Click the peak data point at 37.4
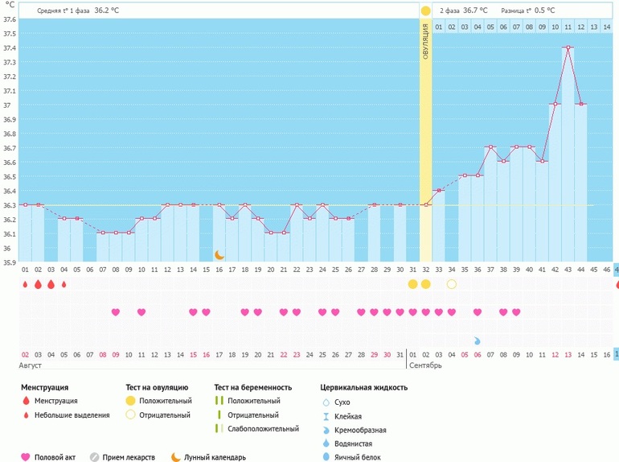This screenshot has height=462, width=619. (x=568, y=47)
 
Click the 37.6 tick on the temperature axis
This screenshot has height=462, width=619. (x=10, y=19)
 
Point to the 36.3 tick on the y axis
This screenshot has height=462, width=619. (x=10, y=205)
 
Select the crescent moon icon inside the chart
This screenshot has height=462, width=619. (x=219, y=254)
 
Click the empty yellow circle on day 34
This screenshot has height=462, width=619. (x=452, y=284)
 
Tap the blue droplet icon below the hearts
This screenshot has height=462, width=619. (x=477, y=340)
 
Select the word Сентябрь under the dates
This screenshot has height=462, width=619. (x=425, y=365)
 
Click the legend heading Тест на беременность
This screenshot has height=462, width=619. (x=252, y=387)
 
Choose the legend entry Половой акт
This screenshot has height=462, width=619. (x=57, y=457)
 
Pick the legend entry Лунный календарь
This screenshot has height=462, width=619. (x=207, y=457)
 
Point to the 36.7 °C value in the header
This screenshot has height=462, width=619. (x=474, y=10)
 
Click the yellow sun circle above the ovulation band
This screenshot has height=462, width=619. (x=425, y=10)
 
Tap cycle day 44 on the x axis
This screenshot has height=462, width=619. (x=581, y=270)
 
